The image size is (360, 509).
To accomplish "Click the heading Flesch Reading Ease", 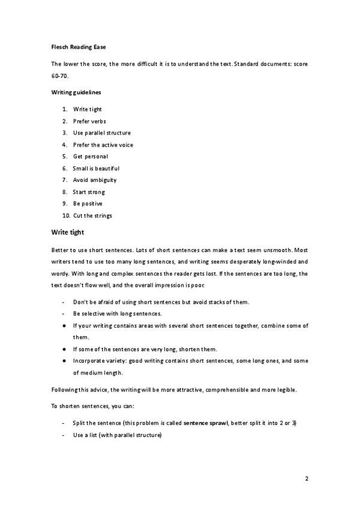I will pos(79,46).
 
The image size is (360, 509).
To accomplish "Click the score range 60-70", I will pos(61,77).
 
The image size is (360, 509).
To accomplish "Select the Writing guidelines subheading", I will pos(76,93).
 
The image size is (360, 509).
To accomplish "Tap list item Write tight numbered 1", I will pos(87,109).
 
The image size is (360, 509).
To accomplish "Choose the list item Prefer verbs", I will pos(89,121).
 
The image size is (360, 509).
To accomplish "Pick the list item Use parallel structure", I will pos(101,133).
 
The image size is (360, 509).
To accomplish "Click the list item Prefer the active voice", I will pos(103,145).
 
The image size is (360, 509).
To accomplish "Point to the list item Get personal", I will pos(90,156).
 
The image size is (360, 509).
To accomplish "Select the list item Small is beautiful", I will pos(96,168).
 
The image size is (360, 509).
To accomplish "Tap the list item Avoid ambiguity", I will pos(94,180).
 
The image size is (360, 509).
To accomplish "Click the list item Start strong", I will pos(89,192).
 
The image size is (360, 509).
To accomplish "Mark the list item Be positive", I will pos(88,203).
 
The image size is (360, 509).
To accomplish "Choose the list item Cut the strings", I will pos(92,215).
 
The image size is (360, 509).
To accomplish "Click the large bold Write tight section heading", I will pos(68,232).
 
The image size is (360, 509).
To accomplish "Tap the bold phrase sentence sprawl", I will pos(205,423).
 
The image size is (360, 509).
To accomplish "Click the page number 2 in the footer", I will pos(306,479).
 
